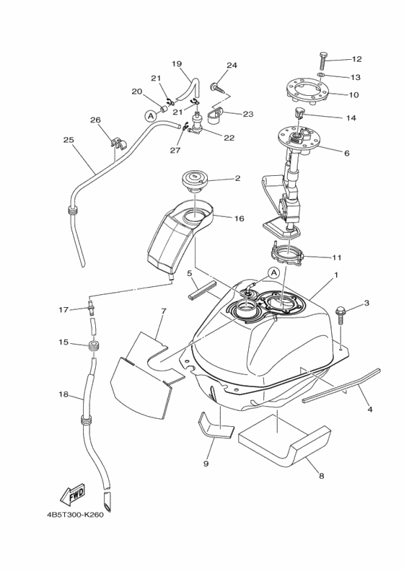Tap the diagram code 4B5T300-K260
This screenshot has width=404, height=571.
[x=75, y=515]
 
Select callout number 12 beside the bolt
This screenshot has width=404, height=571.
[x=356, y=59]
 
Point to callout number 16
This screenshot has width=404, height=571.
[x=239, y=218]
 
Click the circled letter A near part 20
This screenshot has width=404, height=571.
[x=150, y=116]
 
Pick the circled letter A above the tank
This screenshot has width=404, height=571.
[x=273, y=272]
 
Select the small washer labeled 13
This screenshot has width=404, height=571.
[x=321, y=75]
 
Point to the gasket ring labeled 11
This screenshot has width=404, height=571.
[x=287, y=253]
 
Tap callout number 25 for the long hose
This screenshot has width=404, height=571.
[x=69, y=139]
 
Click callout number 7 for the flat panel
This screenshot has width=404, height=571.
[x=163, y=311]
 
